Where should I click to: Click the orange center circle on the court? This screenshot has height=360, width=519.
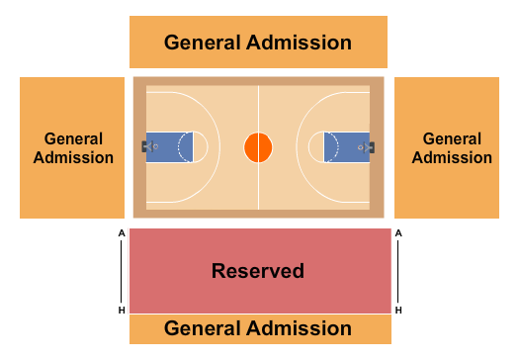[258, 147]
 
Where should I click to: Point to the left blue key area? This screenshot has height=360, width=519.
[168, 147]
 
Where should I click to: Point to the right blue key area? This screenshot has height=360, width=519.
[347, 147]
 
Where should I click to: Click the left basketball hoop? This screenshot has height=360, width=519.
[153, 147]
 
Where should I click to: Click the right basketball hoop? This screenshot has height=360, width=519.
[363, 147]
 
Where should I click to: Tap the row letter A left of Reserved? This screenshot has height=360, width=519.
[121, 233]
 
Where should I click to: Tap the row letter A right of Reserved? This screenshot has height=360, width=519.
[398, 233]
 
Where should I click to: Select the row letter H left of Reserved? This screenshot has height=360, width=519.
[121, 310]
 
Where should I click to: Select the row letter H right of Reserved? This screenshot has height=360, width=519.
[398, 310]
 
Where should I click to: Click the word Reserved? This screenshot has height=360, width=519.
[258, 271]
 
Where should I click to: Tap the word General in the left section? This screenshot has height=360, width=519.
[73, 139]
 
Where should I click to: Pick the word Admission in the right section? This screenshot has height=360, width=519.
[451, 157]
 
